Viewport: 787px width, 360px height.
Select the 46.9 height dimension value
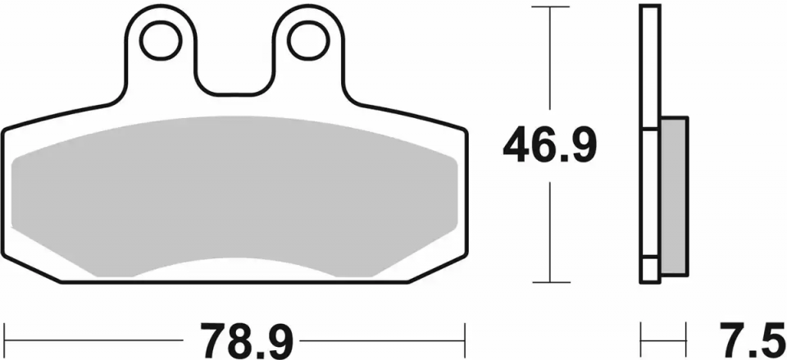550,146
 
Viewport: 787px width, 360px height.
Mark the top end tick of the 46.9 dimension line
550,7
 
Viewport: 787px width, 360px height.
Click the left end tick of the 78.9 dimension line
5,336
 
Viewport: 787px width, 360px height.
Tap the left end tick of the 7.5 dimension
642,336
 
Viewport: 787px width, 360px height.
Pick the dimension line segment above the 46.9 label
550,66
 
